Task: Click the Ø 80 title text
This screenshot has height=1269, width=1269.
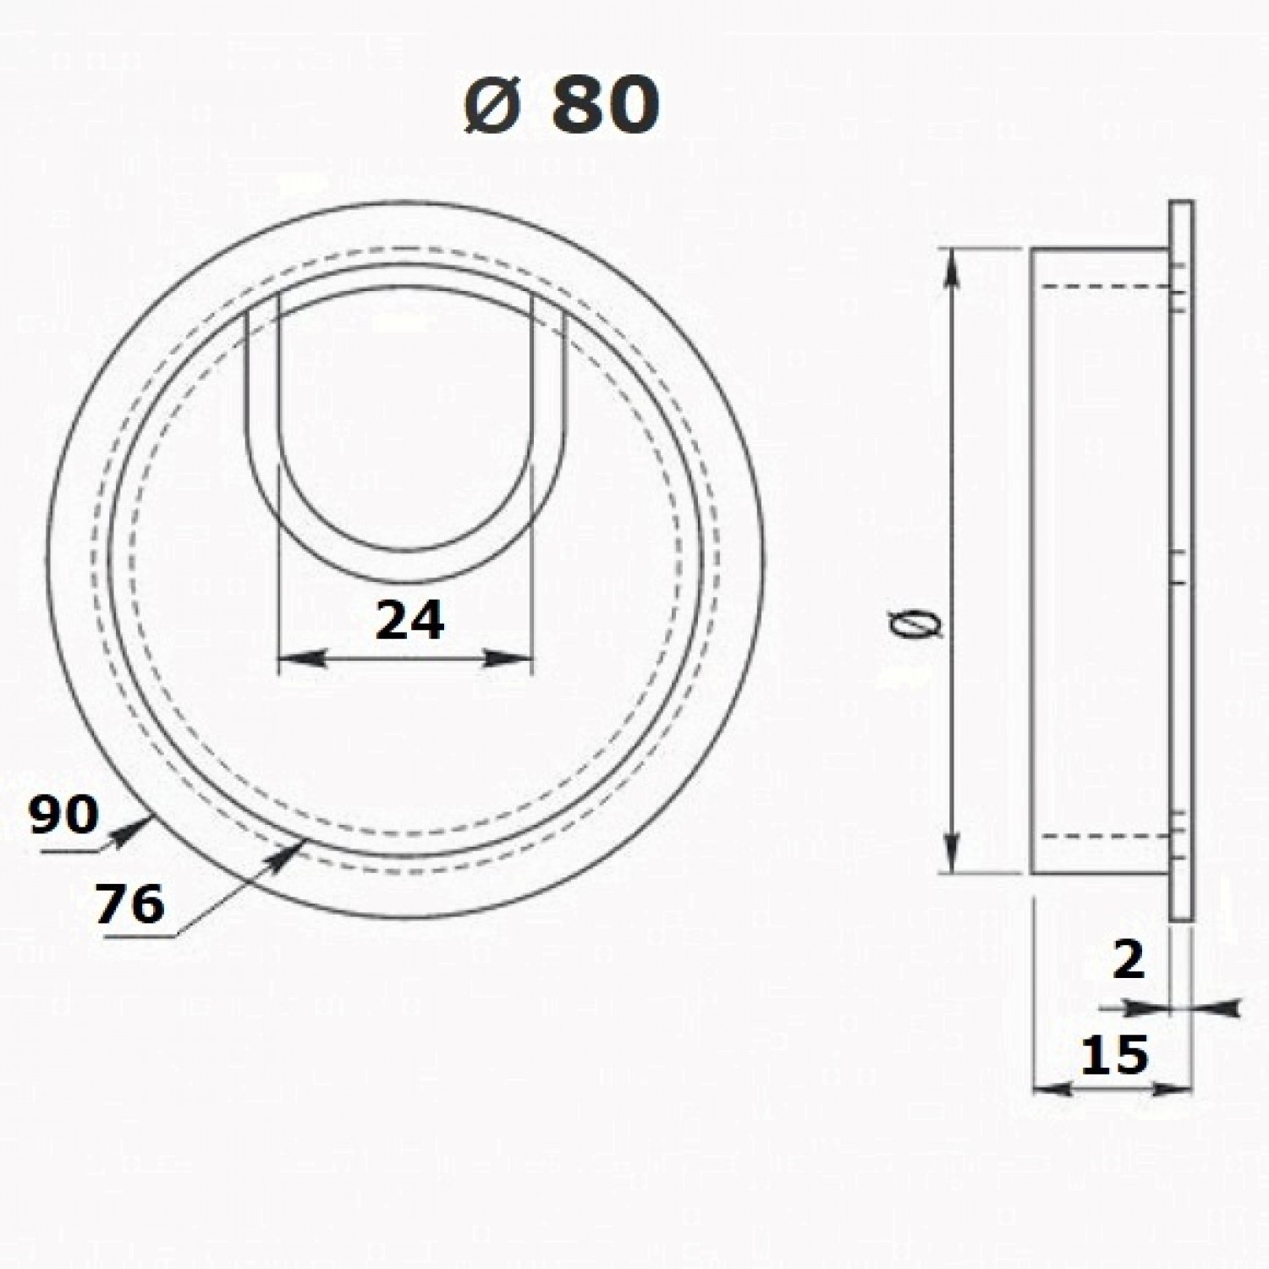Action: pyautogui.click(x=561, y=106)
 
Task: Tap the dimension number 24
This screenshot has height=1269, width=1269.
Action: pyautogui.click(x=409, y=621)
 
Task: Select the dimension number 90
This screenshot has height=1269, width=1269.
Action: pyautogui.click(x=63, y=816)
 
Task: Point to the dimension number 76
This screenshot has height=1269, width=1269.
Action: pyautogui.click(x=129, y=904)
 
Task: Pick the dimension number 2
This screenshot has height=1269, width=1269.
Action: pyautogui.click(x=1129, y=960)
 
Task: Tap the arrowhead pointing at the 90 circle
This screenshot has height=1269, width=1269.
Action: pyautogui.click(x=130, y=827)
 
